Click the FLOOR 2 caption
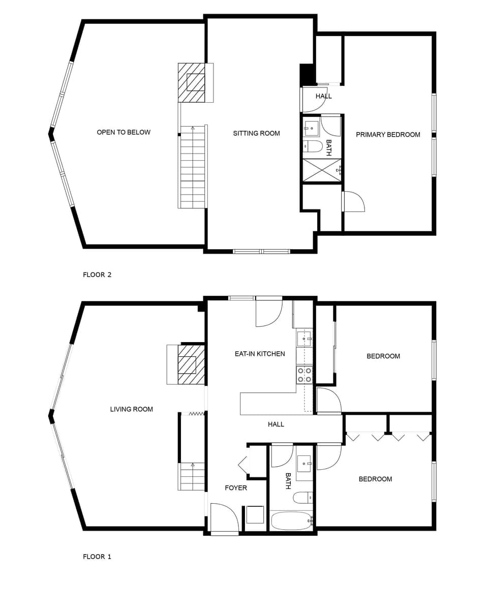pyautogui.click(x=97, y=275)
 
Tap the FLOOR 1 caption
pyautogui.click(x=97, y=557)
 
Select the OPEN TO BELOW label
pyautogui.click(x=124, y=132)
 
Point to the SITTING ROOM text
pyautogui.click(x=256, y=134)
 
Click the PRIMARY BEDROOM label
pyautogui.click(x=388, y=135)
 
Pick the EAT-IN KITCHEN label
pyautogui.click(x=260, y=354)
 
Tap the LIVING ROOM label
pyautogui.click(x=131, y=409)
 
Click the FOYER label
pyautogui.click(x=236, y=488)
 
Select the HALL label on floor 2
pyautogui.click(x=323, y=96)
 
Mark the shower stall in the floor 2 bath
pyautogui.click(x=322, y=170)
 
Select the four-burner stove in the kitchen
pyautogui.click(x=304, y=375)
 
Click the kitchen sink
pyautogui.click(x=303, y=339)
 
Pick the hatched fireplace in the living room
pyautogui.click(x=191, y=365)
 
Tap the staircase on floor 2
pyautogui.click(x=192, y=167)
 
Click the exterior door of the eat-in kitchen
pyautogui.click(x=268, y=311)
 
